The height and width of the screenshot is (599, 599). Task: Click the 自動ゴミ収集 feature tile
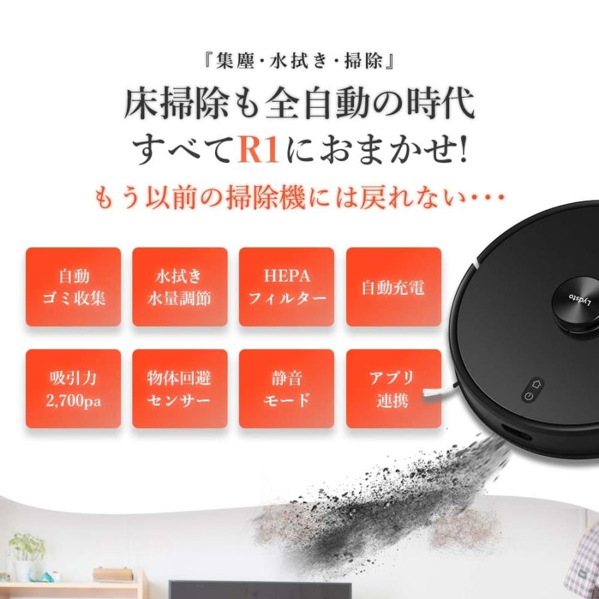click(x=73, y=287)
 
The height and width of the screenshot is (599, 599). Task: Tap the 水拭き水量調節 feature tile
click(x=180, y=287)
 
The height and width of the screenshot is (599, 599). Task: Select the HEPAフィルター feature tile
click(x=287, y=287)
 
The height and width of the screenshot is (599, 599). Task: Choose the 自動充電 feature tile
click(x=393, y=287)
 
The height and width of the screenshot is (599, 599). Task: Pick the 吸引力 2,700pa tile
click(x=73, y=389)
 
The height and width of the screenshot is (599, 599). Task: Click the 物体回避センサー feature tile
click(x=180, y=389)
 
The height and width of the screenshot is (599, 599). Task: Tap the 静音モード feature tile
click(x=287, y=389)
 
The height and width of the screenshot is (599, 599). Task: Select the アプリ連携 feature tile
click(x=393, y=389)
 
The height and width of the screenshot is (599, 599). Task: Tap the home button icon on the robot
click(x=536, y=384)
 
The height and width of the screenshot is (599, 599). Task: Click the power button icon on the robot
click(x=528, y=397)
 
